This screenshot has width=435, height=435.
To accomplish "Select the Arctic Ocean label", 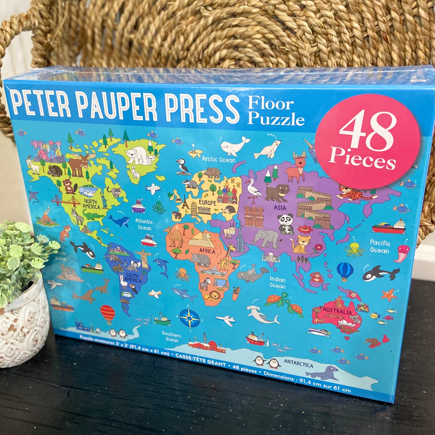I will (219, 159).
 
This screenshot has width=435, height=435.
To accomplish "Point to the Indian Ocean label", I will (278, 282).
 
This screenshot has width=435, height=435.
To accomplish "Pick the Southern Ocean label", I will (172, 337).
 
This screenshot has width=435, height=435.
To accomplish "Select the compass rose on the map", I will (190, 318).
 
